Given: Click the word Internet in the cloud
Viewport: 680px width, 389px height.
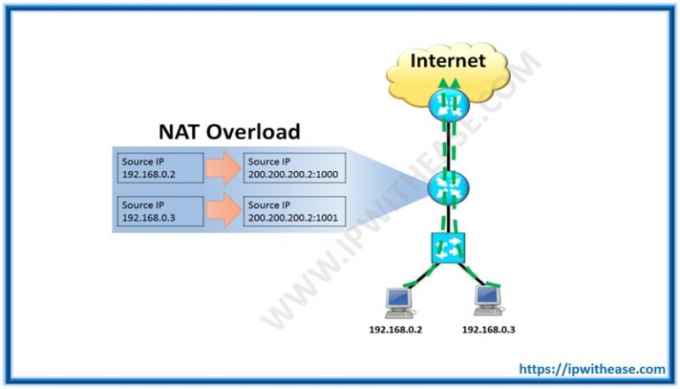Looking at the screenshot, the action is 447,60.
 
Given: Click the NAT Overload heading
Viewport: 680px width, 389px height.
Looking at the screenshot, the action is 229,131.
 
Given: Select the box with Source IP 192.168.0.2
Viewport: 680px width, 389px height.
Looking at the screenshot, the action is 160,167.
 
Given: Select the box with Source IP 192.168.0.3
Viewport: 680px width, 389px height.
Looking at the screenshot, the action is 160,211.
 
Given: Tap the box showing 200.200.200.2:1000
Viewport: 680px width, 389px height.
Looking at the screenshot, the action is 295,167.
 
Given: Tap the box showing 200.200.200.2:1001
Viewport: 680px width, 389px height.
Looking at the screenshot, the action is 295,211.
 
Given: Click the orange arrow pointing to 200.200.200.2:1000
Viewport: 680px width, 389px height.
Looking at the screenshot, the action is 223,168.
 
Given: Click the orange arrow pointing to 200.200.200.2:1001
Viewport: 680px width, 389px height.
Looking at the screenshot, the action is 223,211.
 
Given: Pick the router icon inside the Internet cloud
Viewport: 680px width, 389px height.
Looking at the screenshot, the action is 449,105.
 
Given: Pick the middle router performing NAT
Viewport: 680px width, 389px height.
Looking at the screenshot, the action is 448,189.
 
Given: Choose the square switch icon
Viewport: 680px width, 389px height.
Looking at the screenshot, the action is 448,248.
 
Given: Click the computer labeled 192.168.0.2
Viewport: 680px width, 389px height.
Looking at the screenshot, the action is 399,303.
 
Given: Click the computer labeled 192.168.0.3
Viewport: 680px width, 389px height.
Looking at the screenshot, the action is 489,300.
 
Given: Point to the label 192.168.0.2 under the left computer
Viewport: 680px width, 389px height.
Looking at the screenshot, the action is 396,330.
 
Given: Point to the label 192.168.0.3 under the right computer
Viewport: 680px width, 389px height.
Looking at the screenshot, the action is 489,330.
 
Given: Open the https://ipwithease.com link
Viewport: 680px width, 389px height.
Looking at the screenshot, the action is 592,370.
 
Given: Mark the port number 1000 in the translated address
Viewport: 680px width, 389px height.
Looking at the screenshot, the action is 328,175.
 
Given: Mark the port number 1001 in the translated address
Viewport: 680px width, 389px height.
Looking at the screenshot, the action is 328,218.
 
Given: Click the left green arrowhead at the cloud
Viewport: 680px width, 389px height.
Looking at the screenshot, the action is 443,83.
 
